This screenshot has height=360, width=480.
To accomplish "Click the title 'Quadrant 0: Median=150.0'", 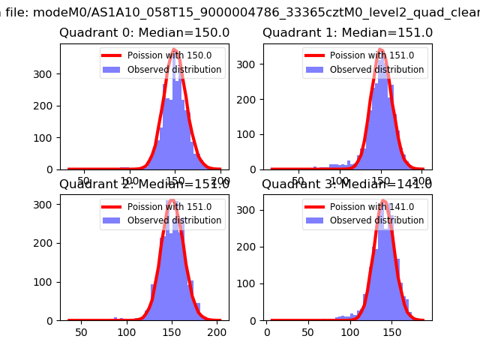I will [144, 33].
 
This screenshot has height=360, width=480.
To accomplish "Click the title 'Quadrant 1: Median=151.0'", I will [347, 33].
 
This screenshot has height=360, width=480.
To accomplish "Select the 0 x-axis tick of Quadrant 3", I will [268, 331].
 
